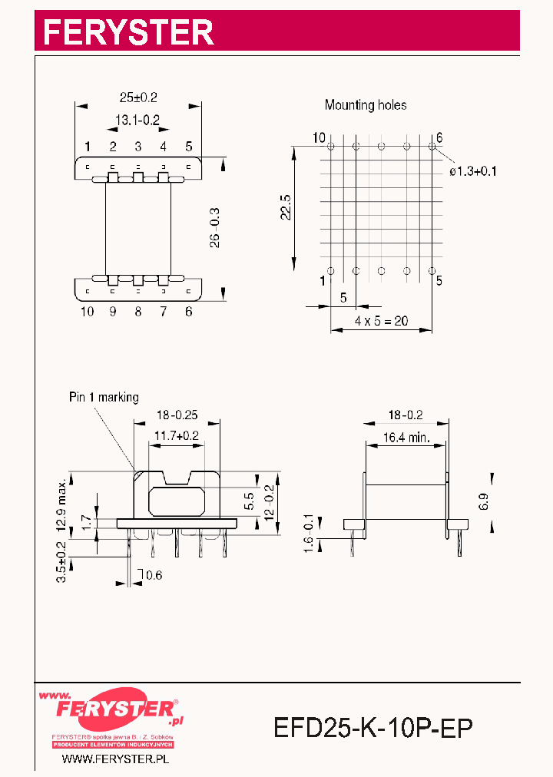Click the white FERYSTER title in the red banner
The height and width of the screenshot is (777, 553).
[x=127, y=32]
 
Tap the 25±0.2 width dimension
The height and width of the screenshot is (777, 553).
[x=138, y=98]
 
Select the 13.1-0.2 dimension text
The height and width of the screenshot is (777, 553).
[x=137, y=120]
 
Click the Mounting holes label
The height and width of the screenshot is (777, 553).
[x=366, y=104]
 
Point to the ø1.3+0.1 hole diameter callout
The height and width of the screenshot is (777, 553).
[x=473, y=171]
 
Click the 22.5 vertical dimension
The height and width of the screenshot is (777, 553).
[x=285, y=207]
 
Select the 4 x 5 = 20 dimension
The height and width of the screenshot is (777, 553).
[x=381, y=321]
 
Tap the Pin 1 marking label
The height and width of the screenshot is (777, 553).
[x=104, y=397]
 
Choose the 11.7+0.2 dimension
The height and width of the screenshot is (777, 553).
[x=177, y=436]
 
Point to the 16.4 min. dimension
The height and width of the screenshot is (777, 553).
[x=406, y=440]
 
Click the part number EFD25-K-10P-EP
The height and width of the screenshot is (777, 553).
[x=373, y=726]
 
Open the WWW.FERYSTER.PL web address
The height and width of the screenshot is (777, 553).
[x=114, y=759]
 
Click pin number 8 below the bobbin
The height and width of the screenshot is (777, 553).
[x=138, y=311]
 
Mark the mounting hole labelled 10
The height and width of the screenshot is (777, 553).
[x=331, y=146]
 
